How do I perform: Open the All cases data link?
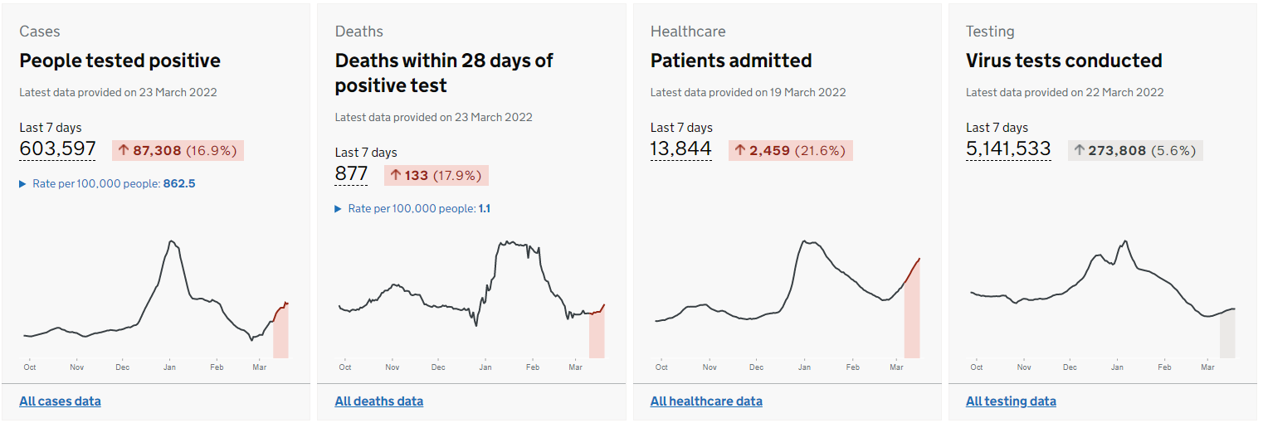[x=60, y=401]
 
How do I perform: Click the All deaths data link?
[x=379, y=401]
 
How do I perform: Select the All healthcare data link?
[x=706, y=401]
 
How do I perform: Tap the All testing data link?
[x=1011, y=401]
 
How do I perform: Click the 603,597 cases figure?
[x=57, y=148]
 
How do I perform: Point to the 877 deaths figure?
[x=351, y=173]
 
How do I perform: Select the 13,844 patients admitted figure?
[x=681, y=148]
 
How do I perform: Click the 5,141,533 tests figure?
[x=1008, y=148]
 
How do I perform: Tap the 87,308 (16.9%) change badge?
[x=178, y=150]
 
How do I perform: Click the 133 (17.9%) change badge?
[x=436, y=175]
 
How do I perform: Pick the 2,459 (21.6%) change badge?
[x=791, y=150]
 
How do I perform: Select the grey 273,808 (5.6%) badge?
[x=1135, y=150]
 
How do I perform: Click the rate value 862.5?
[x=179, y=183]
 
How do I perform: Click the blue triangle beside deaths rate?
[x=339, y=209]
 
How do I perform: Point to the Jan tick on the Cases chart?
[x=170, y=367]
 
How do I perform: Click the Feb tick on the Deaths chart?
[x=533, y=367]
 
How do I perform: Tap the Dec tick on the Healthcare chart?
[x=756, y=367]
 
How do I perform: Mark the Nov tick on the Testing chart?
[x=1024, y=367]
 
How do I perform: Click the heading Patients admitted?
[x=731, y=61]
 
